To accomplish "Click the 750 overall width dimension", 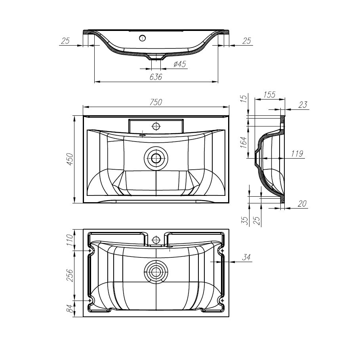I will pos(156,102).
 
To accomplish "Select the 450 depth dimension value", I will pos(70,159).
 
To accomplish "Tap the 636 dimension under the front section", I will pos(156,77).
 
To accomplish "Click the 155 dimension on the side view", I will pos(269,95).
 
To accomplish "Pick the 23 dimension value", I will pos(303,105).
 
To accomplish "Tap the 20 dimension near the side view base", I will pos(303,203).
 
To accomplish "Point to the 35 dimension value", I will pos(246,220).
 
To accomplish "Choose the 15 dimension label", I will pos(243,99).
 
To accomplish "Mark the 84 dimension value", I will pos(70,308).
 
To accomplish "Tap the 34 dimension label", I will pos(246,258).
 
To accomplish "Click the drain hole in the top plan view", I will pos(156,159).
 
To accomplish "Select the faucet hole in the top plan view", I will pos(156,126).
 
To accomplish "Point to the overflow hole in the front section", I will pos(142,38).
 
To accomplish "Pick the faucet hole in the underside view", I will pos(156,240).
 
